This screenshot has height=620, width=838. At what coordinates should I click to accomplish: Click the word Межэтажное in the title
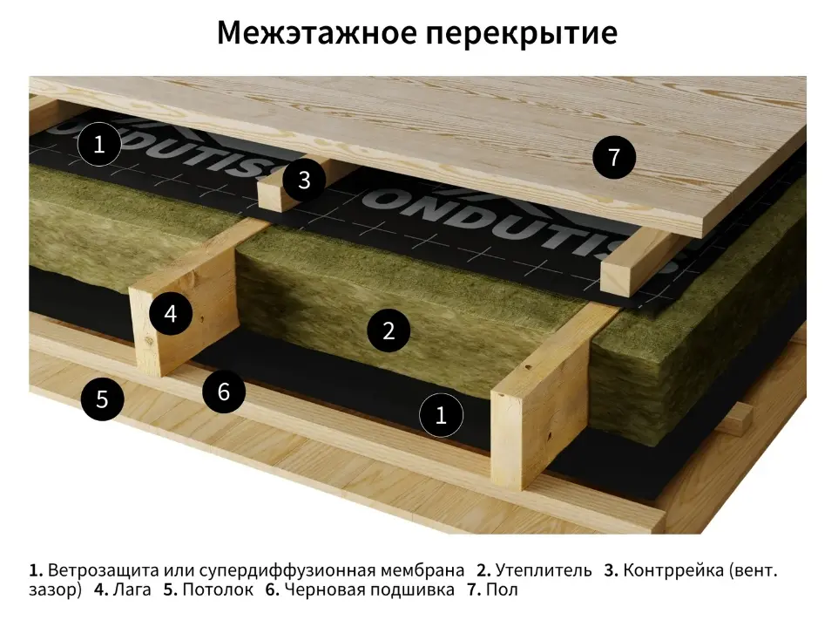[316, 32]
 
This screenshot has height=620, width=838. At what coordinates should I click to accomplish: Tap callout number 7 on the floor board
[614, 157]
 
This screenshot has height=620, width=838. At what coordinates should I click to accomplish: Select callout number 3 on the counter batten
[304, 181]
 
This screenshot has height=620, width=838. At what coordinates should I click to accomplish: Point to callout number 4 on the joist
[171, 313]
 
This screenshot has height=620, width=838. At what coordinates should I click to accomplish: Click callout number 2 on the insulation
[389, 330]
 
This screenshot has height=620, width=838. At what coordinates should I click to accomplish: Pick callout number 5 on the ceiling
[102, 399]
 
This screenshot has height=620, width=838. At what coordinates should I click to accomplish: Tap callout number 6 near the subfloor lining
[224, 392]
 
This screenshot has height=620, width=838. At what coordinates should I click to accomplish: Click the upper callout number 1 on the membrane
[99, 144]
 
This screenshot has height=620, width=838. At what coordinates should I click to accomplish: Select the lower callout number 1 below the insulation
[441, 414]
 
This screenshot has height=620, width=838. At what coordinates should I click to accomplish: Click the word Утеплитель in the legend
[544, 570]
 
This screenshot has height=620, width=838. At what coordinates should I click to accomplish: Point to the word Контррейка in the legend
[672, 570]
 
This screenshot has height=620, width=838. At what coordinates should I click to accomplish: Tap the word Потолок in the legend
[218, 590]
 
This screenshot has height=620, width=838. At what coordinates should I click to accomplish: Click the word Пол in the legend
[502, 590]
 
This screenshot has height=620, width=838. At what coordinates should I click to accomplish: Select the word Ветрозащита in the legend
[104, 570]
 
